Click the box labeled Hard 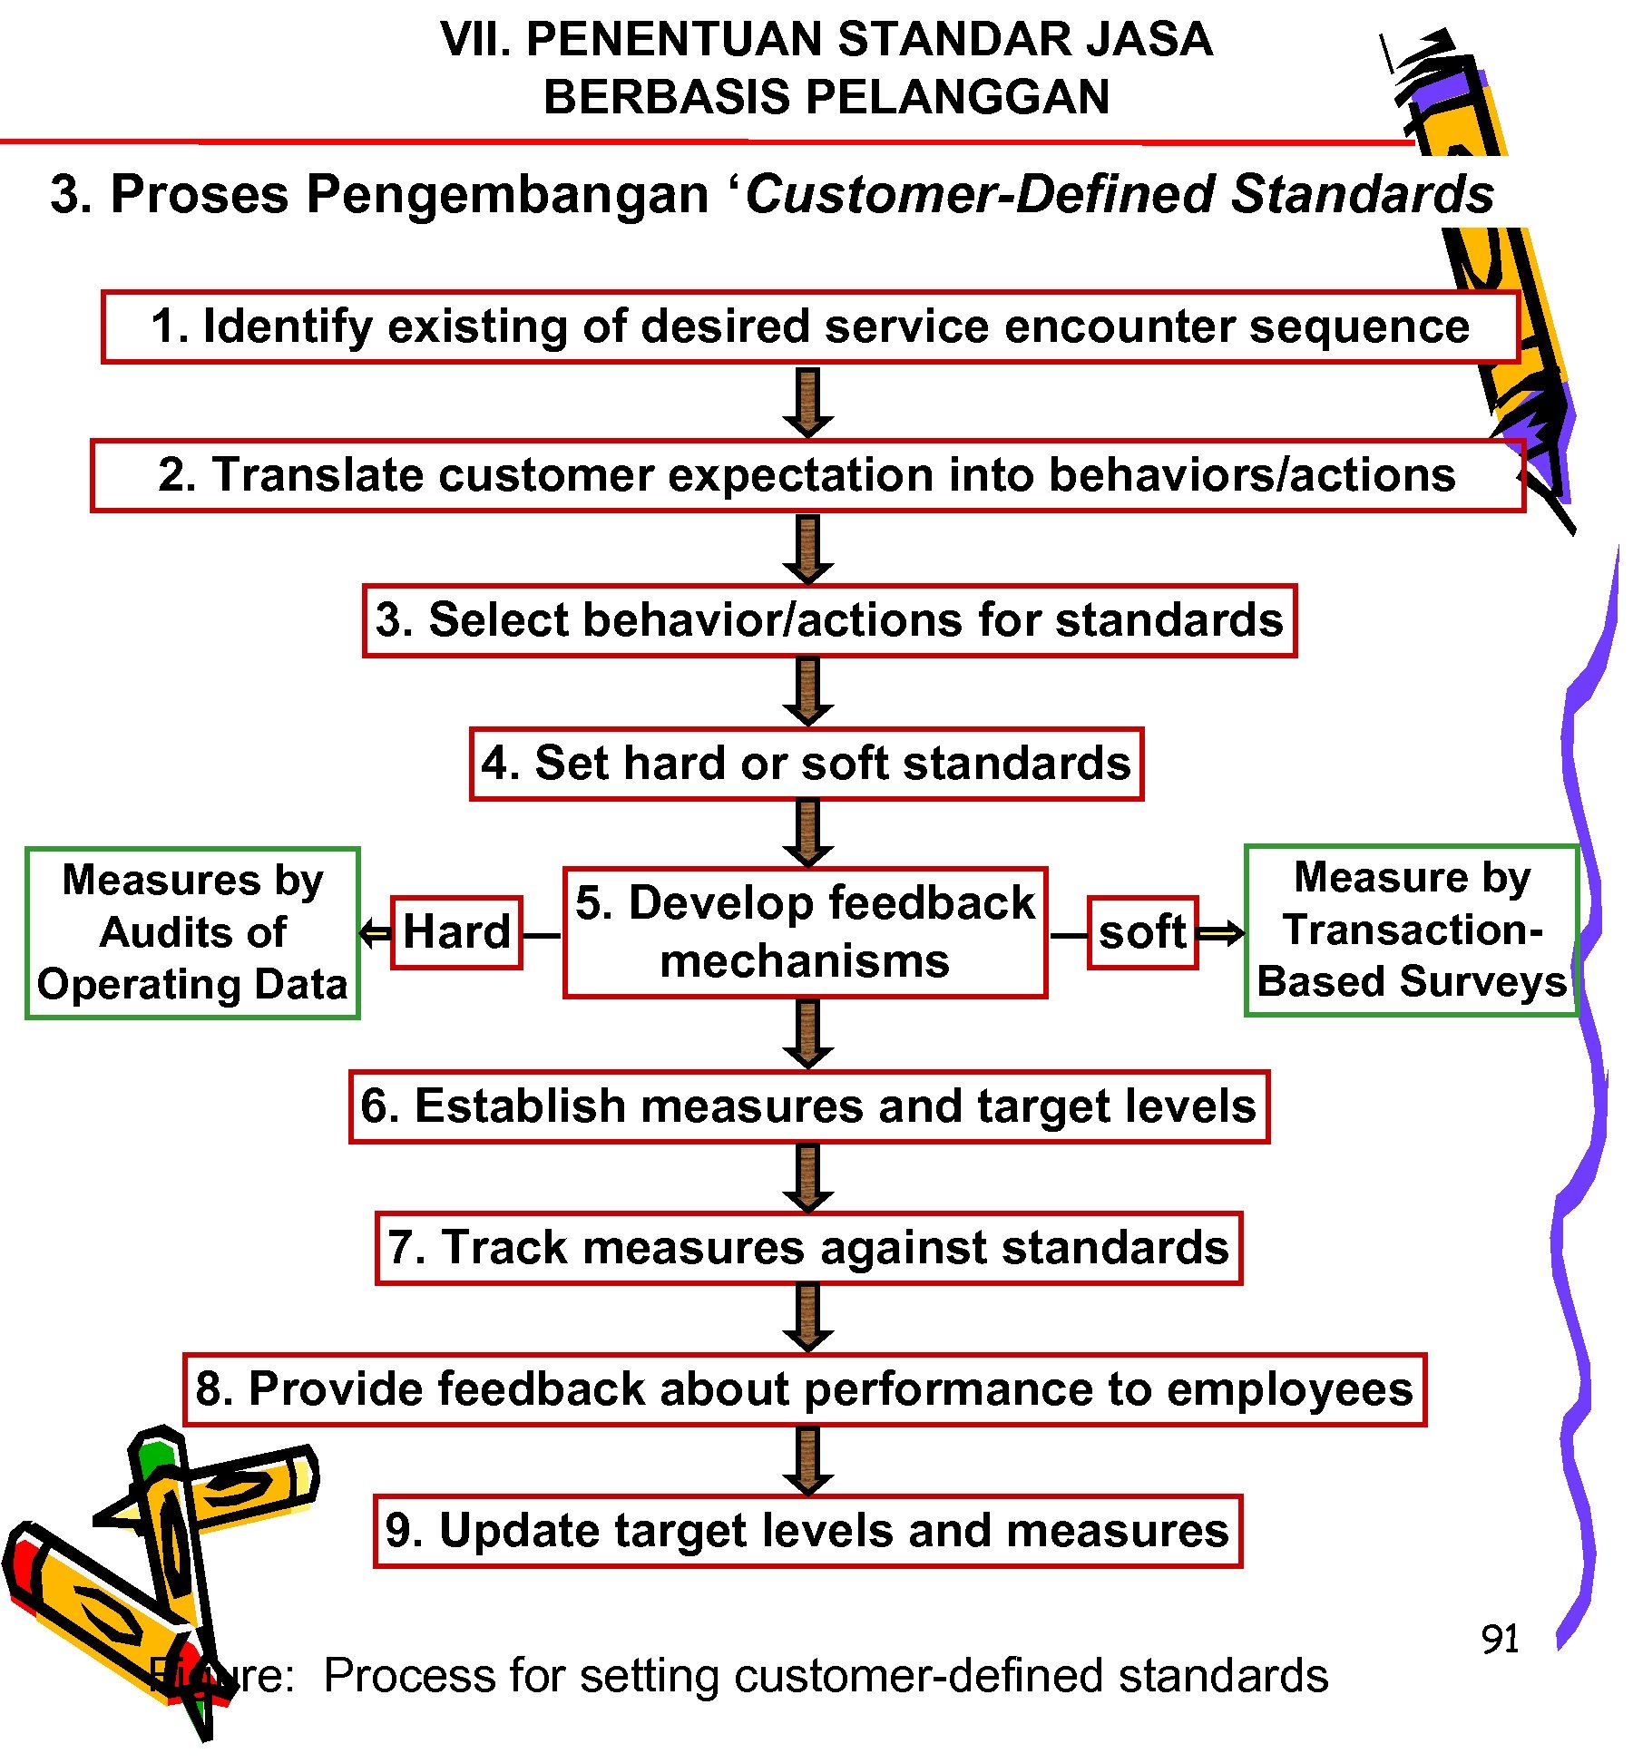(x=456, y=932)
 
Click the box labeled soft (x=1142, y=932)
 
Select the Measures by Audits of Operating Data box (x=192, y=932)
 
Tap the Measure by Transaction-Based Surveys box (x=1412, y=930)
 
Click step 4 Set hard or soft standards (x=806, y=764)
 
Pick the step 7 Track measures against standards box (x=808, y=1248)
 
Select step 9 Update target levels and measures (x=807, y=1531)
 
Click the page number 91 (x=1500, y=1639)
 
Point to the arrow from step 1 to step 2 (x=807, y=402)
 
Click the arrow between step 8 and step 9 (x=807, y=1460)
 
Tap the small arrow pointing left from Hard (x=375, y=932)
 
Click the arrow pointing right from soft (x=1221, y=932)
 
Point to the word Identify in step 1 (x=288, y=326)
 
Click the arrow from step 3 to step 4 (x=807, y=692)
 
